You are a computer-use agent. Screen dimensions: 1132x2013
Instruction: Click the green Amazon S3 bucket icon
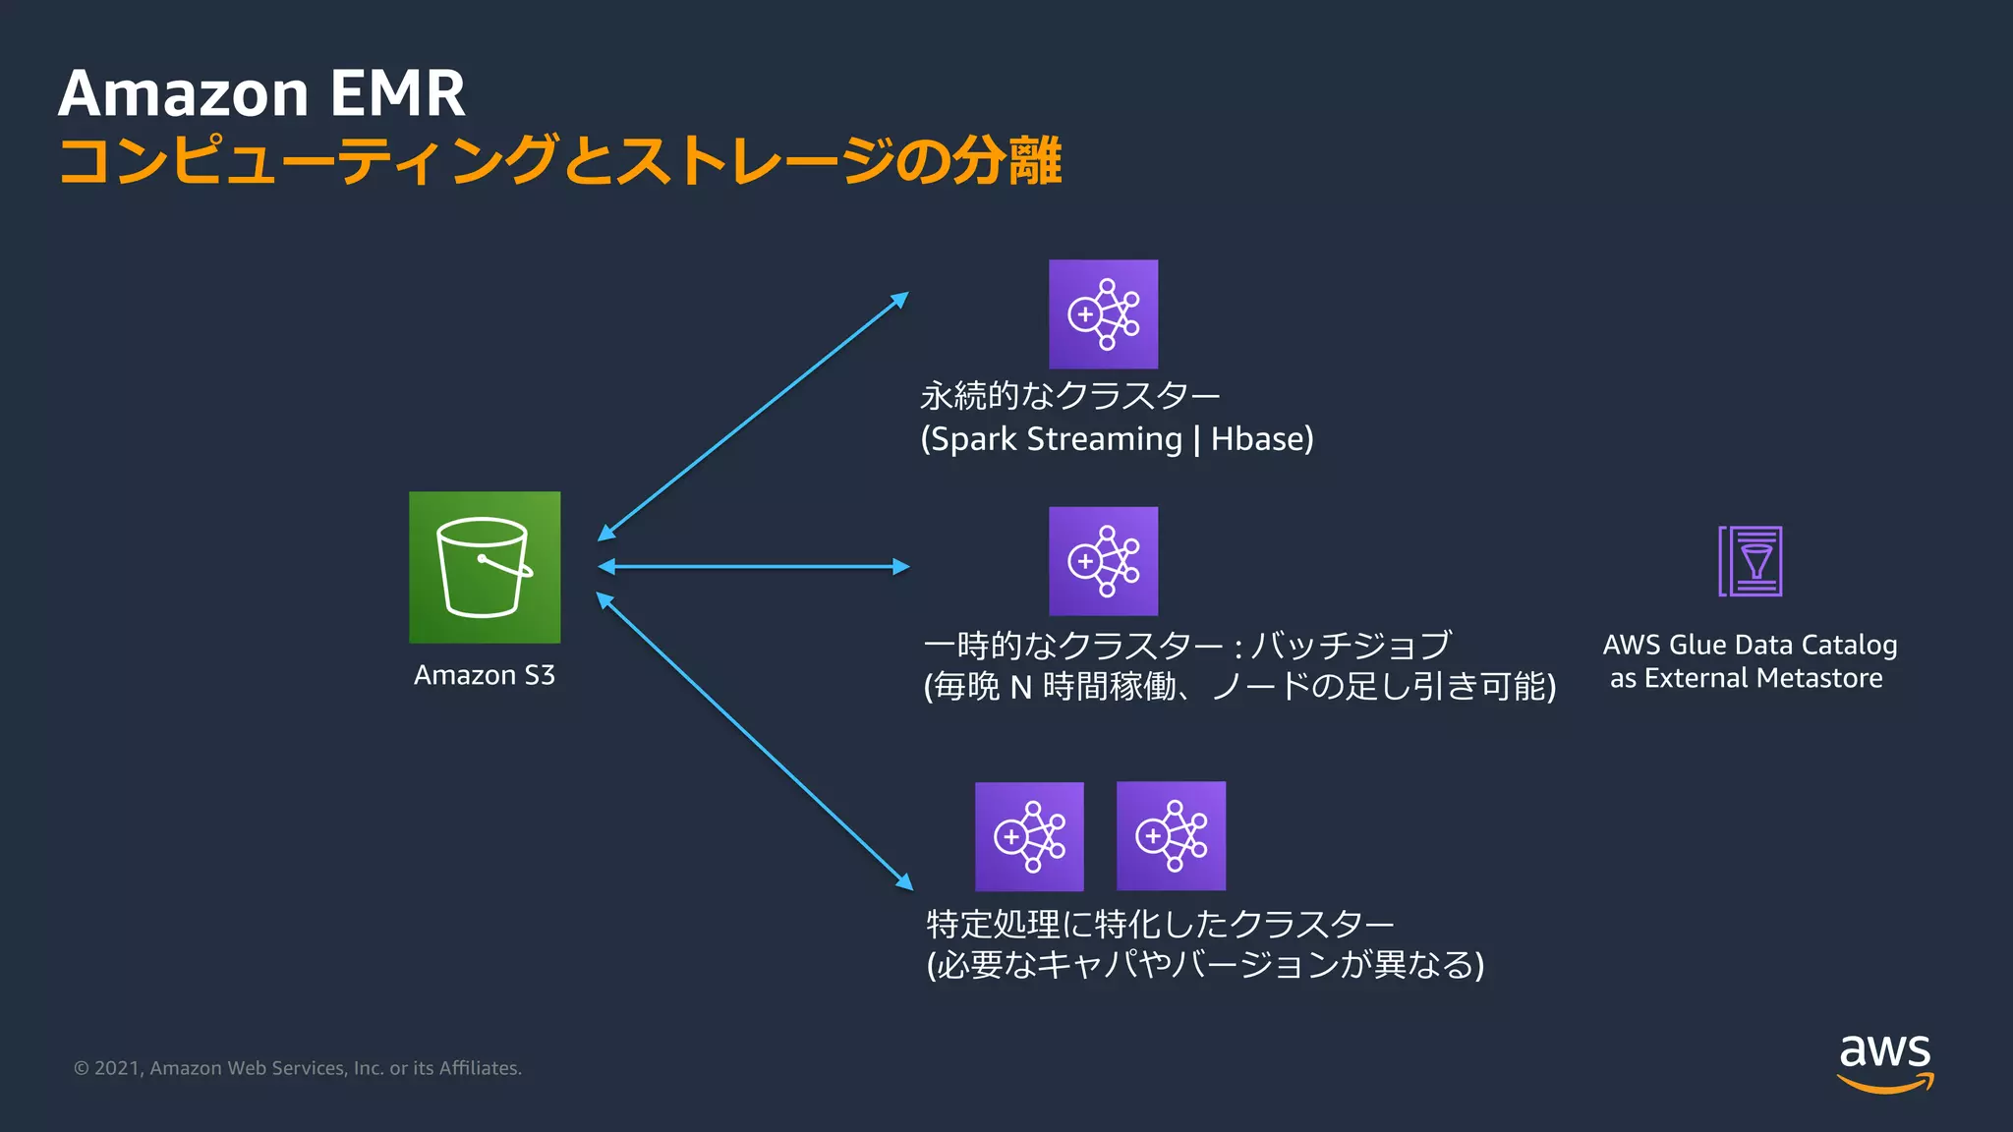[485, 567]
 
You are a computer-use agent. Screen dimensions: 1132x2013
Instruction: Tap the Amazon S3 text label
[484, 675]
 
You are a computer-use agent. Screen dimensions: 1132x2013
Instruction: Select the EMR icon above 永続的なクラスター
[1103, 314]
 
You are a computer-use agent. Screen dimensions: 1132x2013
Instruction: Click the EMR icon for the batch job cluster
[1103, 561]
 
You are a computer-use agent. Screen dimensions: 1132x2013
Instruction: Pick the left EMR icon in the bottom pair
[1029, 836]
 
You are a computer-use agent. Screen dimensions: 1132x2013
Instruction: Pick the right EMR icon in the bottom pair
[1171, 836]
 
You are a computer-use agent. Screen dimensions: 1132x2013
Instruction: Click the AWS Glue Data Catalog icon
[1751, 561]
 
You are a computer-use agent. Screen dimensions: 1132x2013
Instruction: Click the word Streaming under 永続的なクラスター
[1104, 439]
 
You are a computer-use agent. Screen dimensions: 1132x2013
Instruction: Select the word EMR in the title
[397, 94]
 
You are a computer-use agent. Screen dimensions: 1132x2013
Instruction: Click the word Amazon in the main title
[184, 94]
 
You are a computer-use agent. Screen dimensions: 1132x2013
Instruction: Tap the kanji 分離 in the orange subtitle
[1006, 160]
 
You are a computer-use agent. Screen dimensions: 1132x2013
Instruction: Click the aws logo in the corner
[1884, 1061]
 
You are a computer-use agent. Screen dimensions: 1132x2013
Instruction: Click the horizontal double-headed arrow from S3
[754, 567]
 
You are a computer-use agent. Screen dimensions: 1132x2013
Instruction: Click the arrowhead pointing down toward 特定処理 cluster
[904, 881]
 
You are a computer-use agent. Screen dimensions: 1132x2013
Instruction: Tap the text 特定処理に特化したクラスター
[1160, 924]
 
